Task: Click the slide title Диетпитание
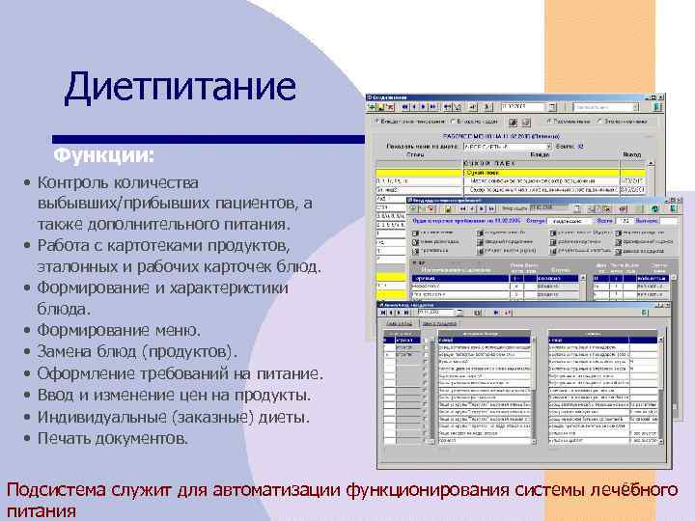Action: [180, 88]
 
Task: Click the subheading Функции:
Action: [103, 154]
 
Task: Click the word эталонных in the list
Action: [79, 266]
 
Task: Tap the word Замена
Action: [66, 352]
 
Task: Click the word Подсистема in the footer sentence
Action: [56, 491]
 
